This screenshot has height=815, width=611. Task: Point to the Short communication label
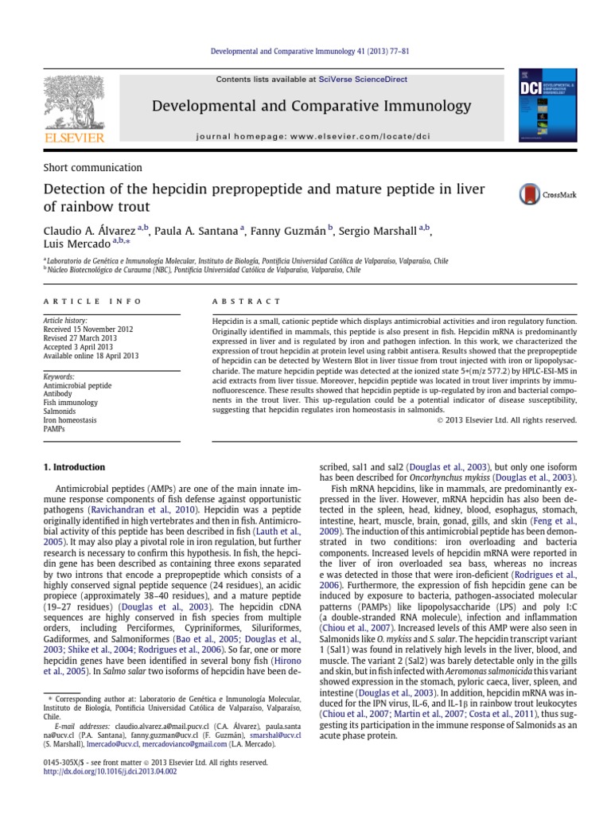click(x=92, y=167)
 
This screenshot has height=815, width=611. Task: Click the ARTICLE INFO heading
click(x=92, y=302)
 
